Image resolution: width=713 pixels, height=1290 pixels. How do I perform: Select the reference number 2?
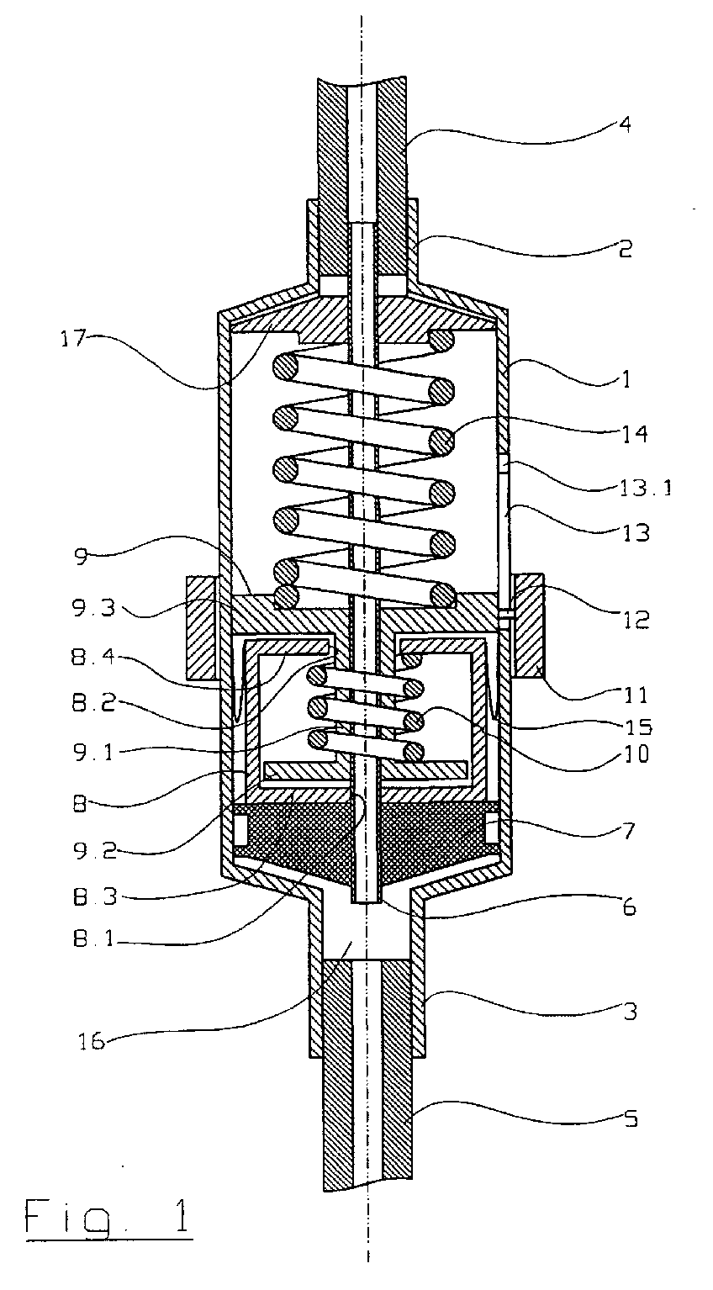(625, 249)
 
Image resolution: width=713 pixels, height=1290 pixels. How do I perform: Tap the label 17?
(74, 339)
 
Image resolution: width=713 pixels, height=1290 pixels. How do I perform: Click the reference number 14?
(636, 434)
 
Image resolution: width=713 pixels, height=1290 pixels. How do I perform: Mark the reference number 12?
(636, 620)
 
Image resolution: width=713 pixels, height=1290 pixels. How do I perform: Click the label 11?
(636, 695)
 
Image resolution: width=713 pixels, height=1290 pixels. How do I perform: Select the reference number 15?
(639, 727)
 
